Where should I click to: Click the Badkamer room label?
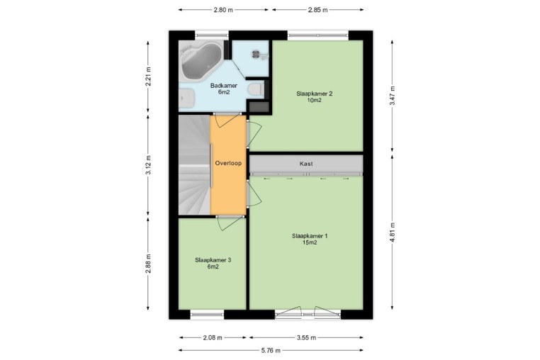tap(224, 89)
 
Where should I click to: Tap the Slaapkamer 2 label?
tap(315, 97)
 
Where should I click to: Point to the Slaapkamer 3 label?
tap(213, 263)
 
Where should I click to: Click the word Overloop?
tap(228, 163)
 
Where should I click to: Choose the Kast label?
tap(306, 164)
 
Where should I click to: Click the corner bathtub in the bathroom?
tap(201, 62)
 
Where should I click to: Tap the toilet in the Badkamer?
tap(256, 89)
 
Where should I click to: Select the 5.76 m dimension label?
tap(271, 351)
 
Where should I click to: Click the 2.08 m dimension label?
tap(213, 337)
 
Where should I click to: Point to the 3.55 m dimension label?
tap(306, 337)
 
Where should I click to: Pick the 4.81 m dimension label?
tap(393, 232)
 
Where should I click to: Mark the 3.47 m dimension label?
tap(393, 96)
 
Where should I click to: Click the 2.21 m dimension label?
tap(148, 76)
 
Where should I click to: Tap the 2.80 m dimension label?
tap(223, 10)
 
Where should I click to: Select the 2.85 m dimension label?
tap(318, 10)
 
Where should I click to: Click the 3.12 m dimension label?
tap(148, 165)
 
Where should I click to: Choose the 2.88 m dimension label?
tap(148, 264)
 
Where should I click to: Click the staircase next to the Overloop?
tap(194, 165)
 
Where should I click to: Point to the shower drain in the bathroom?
tap(256, 53)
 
